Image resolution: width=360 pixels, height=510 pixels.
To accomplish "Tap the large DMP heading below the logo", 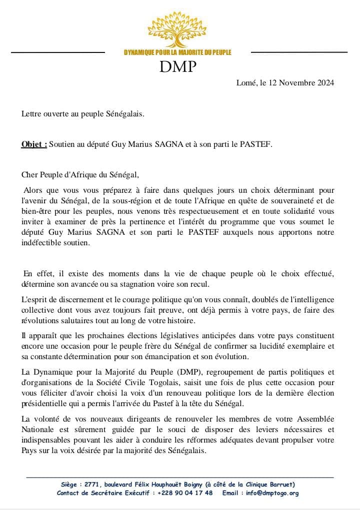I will (178, 66).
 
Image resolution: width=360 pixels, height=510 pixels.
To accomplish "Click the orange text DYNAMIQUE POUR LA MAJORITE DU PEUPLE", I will (177, 53).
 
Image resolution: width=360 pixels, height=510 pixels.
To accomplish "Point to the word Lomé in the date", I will (246, 83).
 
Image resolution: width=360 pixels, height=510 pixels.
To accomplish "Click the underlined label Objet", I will (34, 144).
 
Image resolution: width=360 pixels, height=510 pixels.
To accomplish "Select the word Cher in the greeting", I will (29, 175).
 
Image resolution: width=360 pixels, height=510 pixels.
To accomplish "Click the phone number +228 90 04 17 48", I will (184, 493).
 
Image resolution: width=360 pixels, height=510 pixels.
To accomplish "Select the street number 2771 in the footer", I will (90, 485).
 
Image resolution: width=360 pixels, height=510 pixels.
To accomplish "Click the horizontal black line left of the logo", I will (58, 52).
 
